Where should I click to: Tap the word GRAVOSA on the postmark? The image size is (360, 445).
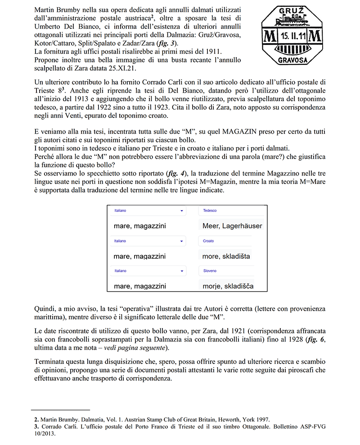[292, 59]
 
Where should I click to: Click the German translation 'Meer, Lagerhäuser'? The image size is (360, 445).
[232, 226]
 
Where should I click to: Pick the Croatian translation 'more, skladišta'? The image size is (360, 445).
[226, 256]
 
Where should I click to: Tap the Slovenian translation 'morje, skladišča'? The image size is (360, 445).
[228, 286]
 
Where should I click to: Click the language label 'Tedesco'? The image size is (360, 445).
[210, 211]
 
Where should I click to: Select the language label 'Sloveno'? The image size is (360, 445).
[210, 271]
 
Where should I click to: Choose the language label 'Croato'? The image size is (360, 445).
[208, 241]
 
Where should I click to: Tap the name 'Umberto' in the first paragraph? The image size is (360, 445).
[48, 26]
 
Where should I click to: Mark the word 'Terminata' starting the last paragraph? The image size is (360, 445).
[50, 362]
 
